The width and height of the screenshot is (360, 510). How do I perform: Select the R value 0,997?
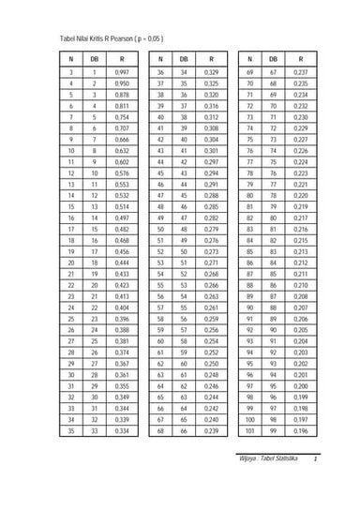(121, 71)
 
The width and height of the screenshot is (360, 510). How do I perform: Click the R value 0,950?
(121, 83)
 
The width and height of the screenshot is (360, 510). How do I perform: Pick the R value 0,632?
(121, 149)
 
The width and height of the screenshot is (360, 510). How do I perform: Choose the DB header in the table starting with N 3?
(94, 57)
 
